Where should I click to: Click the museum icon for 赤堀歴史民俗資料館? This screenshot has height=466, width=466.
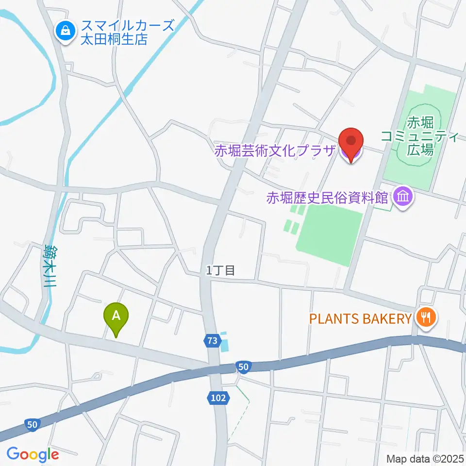[x=404, y=197]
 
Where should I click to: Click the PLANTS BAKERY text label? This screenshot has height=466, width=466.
[x=361, y=318]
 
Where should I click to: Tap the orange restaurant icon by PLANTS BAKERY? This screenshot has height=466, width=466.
[x=426, y=318]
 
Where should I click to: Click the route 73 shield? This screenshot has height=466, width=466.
[x=211, y=341]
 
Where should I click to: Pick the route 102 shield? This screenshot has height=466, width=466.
[x=218, y=398]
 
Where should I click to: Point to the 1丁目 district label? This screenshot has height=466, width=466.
[x=221, y=271]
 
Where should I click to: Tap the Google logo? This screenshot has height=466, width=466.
[x=33, y=454]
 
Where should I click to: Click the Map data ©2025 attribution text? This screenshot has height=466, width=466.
[x=425, y=458]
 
